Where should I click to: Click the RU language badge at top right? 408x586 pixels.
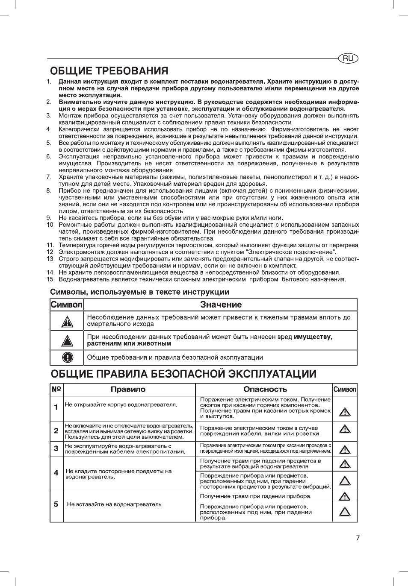coord(348,59)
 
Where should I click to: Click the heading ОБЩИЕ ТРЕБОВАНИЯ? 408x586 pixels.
coord(109,71)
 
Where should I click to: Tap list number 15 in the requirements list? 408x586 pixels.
coord(50,279)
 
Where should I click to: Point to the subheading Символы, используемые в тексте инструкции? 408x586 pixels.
coord(139,292)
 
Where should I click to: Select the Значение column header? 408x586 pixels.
coord(221,305)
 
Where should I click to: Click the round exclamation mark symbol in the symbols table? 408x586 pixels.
coord(67,357)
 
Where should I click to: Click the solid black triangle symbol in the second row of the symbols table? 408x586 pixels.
coord(67,341)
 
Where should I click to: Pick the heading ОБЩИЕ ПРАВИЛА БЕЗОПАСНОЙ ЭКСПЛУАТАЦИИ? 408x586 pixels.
coord(183,374)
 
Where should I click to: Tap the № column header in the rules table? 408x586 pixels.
coord(56,389)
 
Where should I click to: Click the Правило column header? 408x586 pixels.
coord(128,390)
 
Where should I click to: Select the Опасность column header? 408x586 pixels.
coord(265,390)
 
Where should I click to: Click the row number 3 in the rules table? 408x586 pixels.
coord(56,448)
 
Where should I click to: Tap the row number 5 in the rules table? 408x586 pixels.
coord(56,504)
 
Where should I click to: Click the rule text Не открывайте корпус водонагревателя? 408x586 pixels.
coord(121,404)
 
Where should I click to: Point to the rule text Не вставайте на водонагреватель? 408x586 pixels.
coord(115,504)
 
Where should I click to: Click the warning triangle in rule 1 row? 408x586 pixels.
coord(345,412)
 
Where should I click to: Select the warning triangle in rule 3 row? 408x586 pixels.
coord(345,449)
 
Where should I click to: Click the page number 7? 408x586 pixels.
coord(358,538)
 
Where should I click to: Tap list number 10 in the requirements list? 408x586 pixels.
coord(50,225)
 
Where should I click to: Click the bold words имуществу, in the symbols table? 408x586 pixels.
coord(313,337)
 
